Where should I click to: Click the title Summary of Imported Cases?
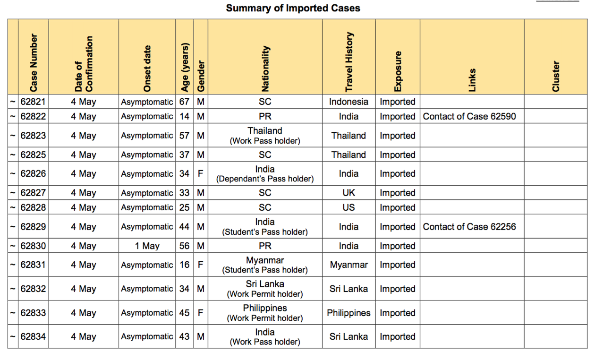click(x=293, y=8)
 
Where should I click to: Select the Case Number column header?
click(x=34, y=63)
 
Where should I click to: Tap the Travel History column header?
click(x=349, y=62)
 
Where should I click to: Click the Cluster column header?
click(x=556, y=76)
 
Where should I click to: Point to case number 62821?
click(x=33, y=102)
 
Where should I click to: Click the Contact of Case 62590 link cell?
click(x=469, y=116)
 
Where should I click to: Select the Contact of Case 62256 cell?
click(x=469, y=227)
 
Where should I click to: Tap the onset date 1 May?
click(x=147, y=246)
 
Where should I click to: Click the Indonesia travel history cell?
click(x=348, y=102)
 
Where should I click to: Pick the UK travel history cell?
click(x=348, y=193)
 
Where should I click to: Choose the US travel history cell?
click(x=348, y=207)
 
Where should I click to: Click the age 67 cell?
click(x=184, y=102)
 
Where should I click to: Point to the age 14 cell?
click(x=184, y=116)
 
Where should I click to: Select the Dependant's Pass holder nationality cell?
click(x=265, y=174)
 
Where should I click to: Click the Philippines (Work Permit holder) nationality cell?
click(x=265, y=313)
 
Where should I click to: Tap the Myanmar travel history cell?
click(x=348, y=265)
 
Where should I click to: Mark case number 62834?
click(x=33, y=336)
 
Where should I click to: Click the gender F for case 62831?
click(x=201, y=265)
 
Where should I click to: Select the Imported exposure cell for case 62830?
click(x=398, y=246)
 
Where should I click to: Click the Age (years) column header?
click(x=185, y=67)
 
